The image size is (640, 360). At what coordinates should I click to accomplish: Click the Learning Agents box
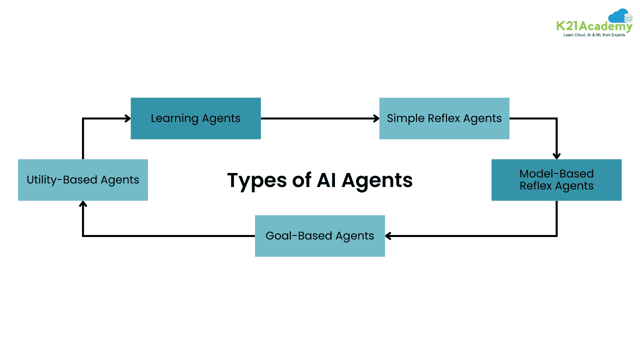195,118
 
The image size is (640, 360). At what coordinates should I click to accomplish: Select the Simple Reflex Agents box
444,118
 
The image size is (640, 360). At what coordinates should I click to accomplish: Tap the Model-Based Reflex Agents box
556,179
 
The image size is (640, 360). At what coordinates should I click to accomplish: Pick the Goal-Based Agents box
319,235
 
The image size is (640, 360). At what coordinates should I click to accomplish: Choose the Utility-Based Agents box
82,179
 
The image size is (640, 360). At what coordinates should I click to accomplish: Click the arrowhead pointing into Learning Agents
127,118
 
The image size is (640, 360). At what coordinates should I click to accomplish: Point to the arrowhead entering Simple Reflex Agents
376,118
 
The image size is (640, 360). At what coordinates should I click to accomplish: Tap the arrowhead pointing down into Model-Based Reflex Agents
556,155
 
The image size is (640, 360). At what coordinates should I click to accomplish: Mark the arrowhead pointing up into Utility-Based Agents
83,204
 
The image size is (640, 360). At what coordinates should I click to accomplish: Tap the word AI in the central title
326,180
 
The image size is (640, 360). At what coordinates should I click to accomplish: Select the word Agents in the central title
378,180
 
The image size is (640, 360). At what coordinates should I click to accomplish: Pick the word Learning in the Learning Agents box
174,118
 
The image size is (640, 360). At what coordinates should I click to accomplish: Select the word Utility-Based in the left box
61,180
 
